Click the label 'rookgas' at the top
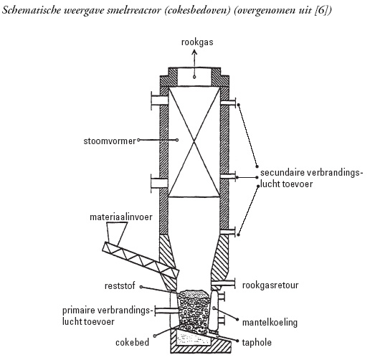(197, 42)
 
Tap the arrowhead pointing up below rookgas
(194, 52)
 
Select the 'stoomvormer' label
(110, 141)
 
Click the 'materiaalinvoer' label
(121, 217)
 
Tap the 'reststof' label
(120, 286)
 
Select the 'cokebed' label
(132, 343)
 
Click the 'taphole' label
(257, 343)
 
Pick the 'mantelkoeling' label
(270, 323)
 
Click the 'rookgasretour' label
(270, 285)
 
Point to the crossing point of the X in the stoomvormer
(194, 142)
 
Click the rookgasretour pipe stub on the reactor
(223, 284)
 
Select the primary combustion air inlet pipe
(167, 311)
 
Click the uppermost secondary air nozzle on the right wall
(228, 103)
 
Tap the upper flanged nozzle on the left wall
(160, 100)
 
